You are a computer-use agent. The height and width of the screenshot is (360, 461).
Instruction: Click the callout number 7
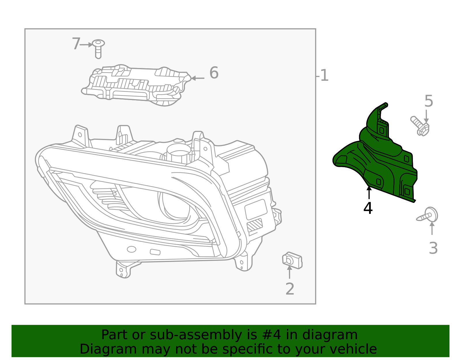(76, 44)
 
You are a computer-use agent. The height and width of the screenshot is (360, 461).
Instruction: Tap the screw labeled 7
(98, 48)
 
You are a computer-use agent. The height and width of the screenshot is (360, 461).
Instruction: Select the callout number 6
(214, 73)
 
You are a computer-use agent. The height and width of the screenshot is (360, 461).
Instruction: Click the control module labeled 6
(135, 85)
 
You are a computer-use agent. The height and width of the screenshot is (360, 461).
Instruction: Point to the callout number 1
(324, 76)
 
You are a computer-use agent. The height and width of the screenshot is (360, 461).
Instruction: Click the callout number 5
(428, 101)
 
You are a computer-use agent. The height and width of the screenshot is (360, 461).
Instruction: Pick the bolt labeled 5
(420, 126)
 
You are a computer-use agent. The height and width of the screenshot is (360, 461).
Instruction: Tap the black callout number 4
(368, 208)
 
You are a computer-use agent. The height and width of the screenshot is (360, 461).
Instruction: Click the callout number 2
(290, 289)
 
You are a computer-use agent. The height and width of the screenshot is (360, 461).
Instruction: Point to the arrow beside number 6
(198, 78)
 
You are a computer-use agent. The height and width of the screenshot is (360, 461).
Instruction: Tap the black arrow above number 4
(369, 193)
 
